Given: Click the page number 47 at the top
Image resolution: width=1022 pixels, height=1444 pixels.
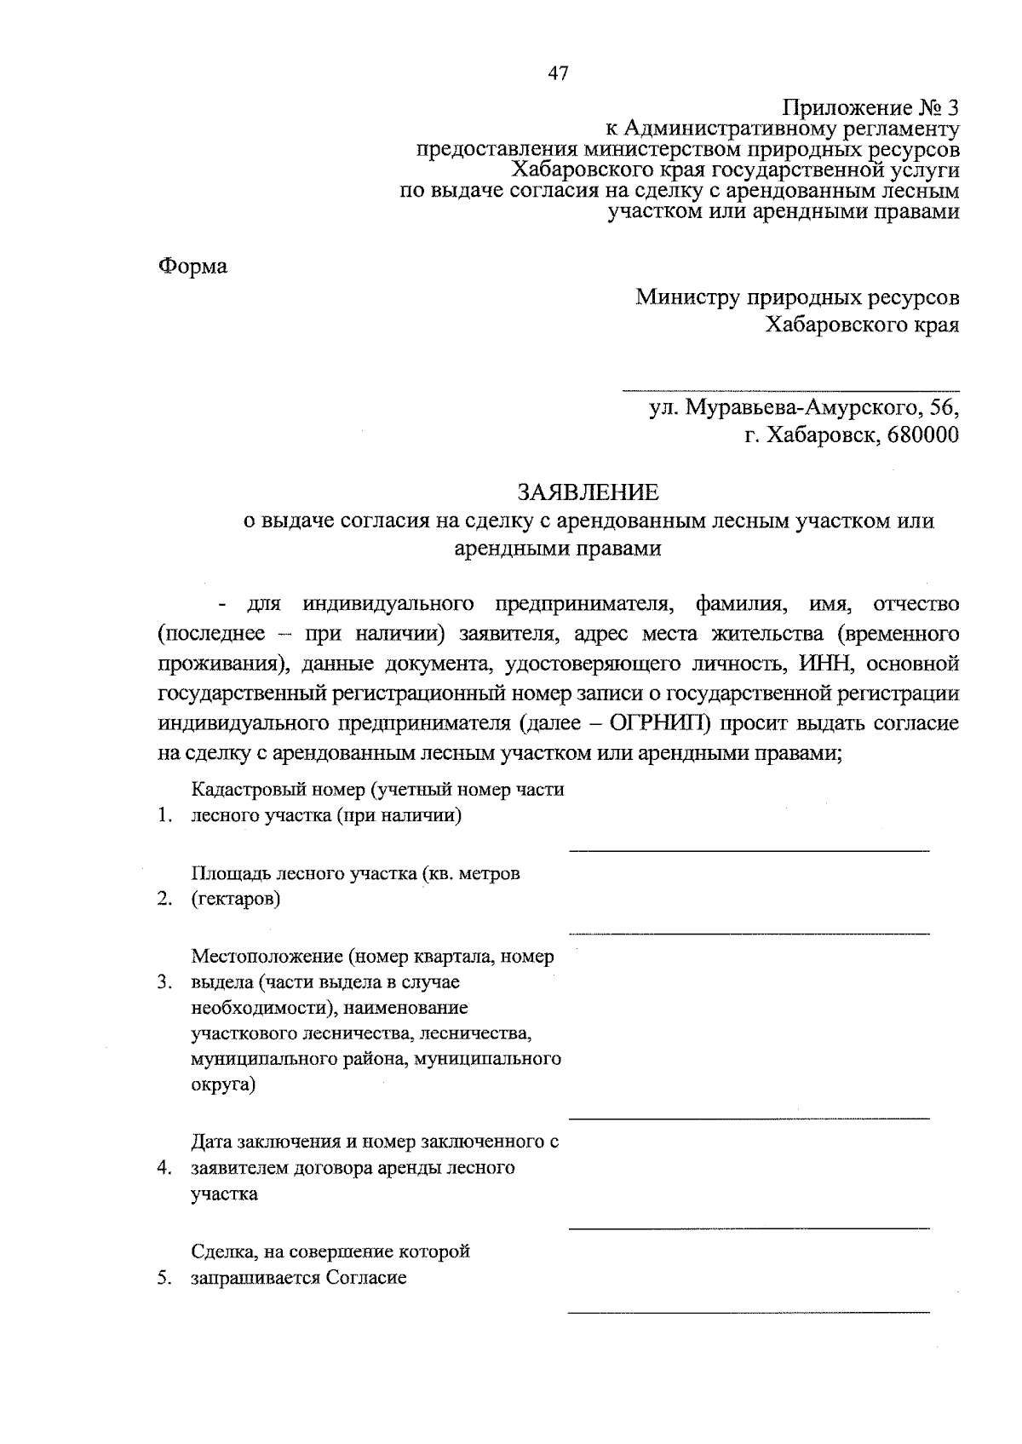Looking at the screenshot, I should [558, 73].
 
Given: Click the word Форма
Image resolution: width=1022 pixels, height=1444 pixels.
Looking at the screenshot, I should [193, 267].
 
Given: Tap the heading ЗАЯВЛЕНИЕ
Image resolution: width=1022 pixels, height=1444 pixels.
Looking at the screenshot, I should [589, 492].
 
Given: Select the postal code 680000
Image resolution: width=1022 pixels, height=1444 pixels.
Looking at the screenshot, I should [922, 435].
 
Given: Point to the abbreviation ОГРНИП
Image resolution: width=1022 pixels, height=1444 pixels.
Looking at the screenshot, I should [661, 723].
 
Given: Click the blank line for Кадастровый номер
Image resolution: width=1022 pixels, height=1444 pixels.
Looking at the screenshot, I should [749, 849].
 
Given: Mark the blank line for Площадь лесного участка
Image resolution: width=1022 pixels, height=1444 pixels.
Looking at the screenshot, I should [749, 933].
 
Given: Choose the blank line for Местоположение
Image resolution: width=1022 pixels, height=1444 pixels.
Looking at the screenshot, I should [749, 1117].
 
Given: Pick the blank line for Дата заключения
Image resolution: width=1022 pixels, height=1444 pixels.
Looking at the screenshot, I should [749, 1228].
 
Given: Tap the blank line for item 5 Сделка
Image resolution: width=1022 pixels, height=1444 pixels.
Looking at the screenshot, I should [749, 1311].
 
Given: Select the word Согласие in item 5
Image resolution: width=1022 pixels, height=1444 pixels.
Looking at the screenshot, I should [365, 1278].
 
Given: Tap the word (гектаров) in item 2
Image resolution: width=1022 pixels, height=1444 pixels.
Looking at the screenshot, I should [236, 899].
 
